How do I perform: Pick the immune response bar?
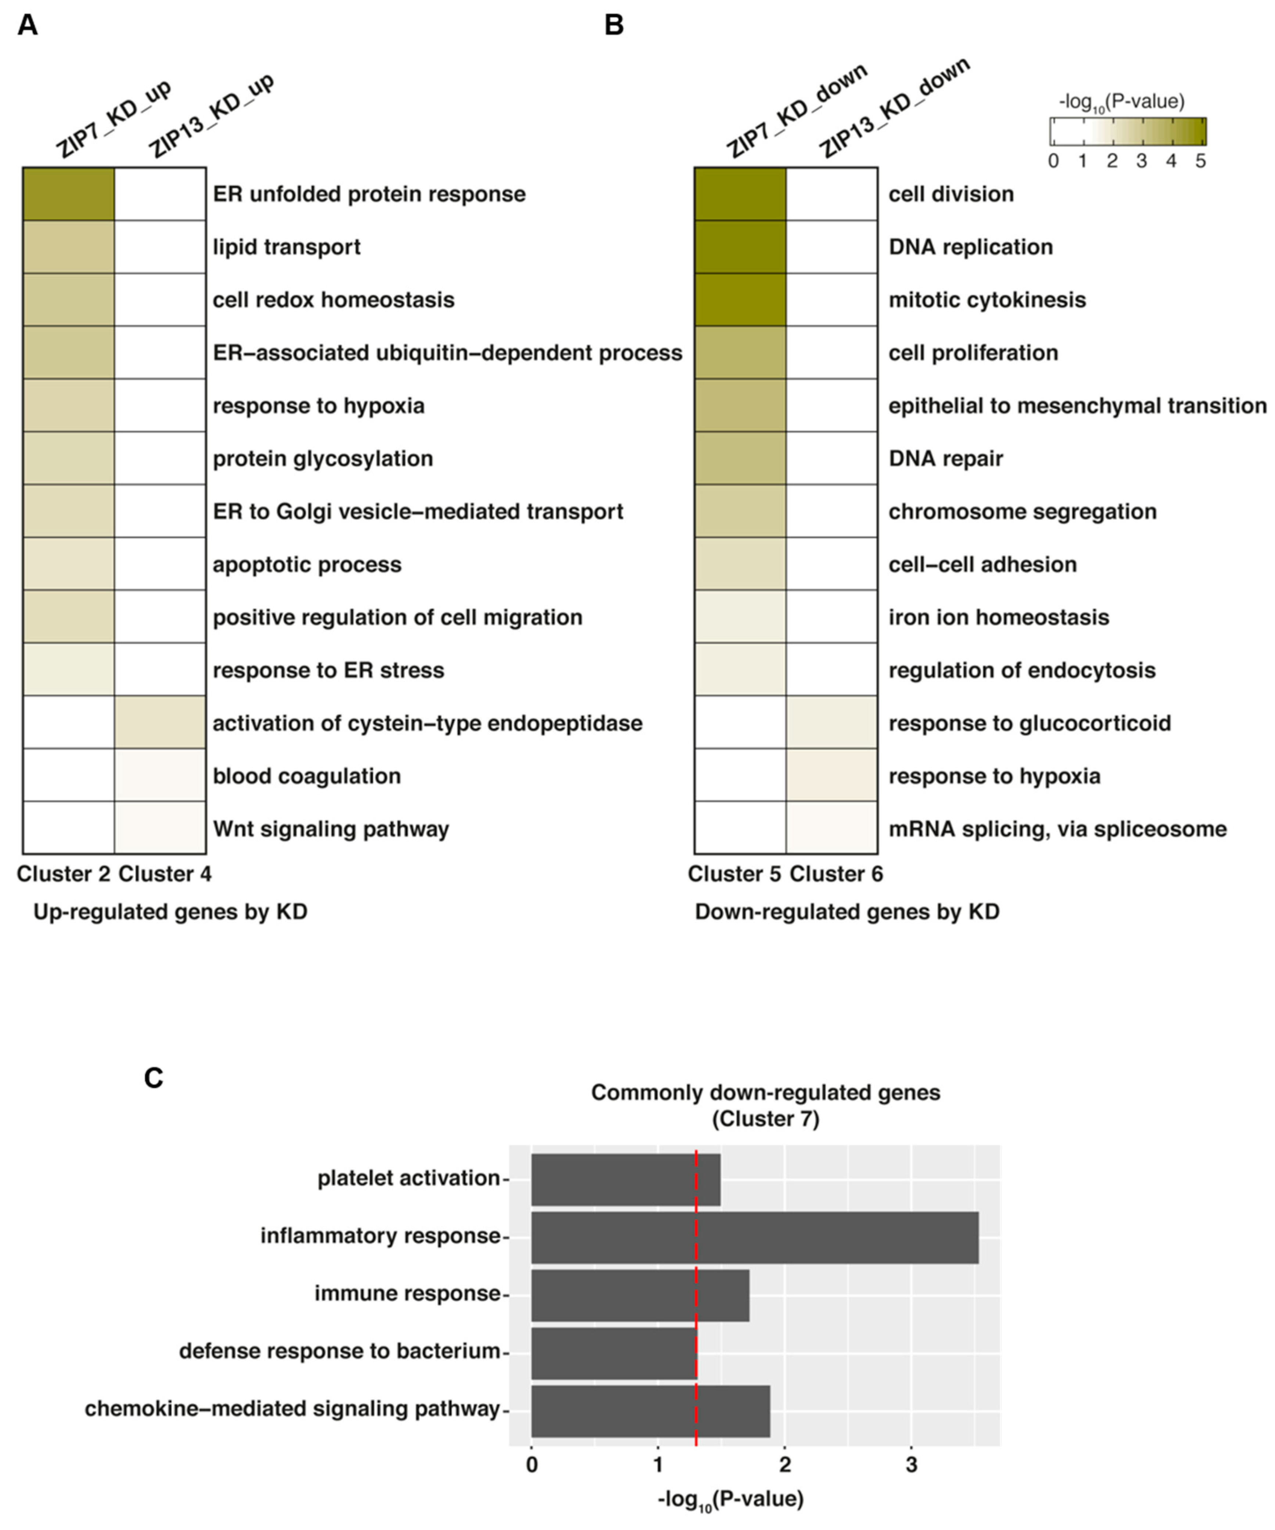[x=640, y=1296]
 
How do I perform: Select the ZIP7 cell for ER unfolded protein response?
[x=68, y=194]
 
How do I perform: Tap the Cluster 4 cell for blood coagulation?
[x=160, y=775]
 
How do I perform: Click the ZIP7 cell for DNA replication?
[x=740, y=246]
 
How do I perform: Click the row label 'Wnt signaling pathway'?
[x=331, y=829]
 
